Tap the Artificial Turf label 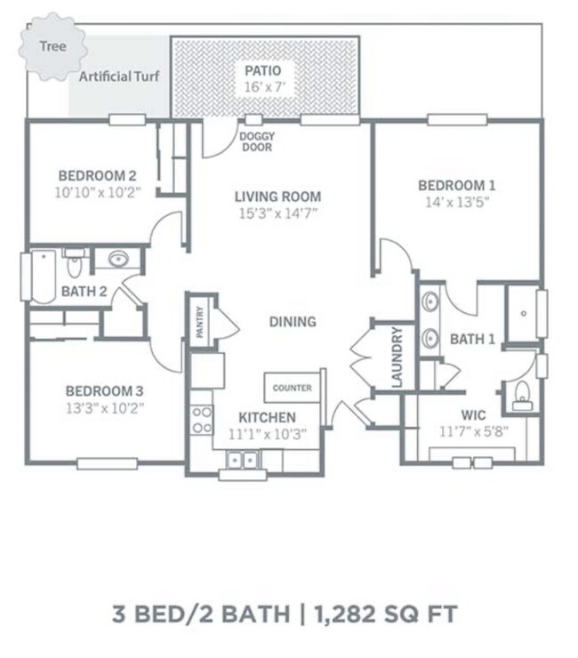pos(119,77)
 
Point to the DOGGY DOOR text pos(256,141)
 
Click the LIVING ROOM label pos(277,197)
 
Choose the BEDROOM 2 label pos(97,174)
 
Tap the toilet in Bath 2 pos(75,263)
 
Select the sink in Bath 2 pos(117,260)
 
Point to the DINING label pos(293,322)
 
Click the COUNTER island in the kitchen pos(292,389)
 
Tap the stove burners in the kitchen pos(202,418)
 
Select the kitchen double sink pos(241,461)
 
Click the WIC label pos(472,415)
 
